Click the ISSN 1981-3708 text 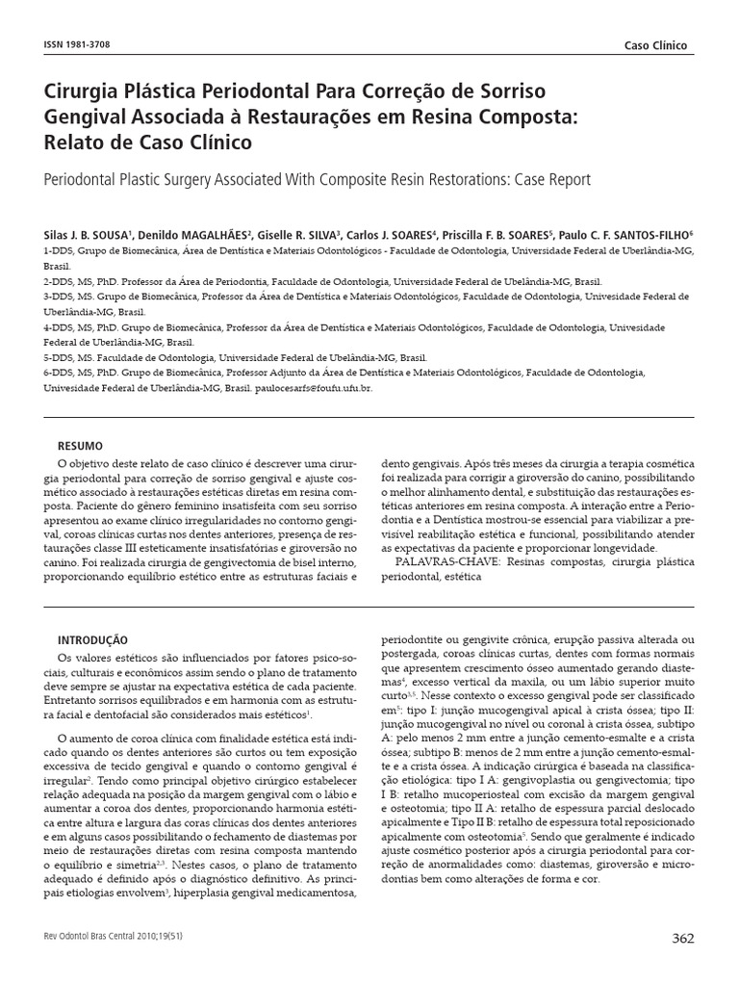click(79, 45)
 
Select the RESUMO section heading click(80, 446)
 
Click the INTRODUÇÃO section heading click(92, 639)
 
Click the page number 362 click(681, 940)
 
